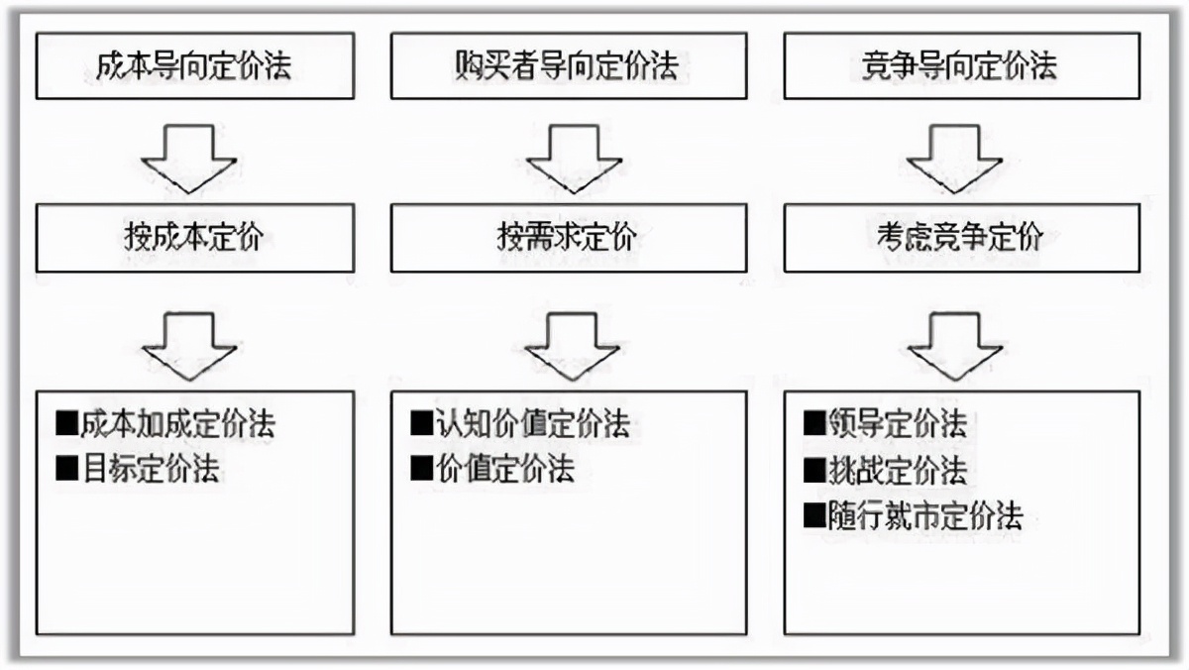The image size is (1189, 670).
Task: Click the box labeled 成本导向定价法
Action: coord(194,66)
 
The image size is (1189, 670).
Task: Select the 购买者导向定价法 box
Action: coord(568,66)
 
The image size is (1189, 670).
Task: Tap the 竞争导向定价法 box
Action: coord(961,66)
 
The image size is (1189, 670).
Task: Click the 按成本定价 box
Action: coord(194,238)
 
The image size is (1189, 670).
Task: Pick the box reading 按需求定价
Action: coord(568,238)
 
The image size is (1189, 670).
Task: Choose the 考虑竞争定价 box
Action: coord(961,238)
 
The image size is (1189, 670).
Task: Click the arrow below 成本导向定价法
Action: coord(189,158)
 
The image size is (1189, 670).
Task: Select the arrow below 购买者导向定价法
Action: coord(573,158)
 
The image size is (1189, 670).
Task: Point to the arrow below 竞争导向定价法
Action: coord(955,158)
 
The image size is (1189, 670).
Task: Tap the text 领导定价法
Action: coord(898,424)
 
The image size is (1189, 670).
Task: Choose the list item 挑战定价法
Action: coord(898,470)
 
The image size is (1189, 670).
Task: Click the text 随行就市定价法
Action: coord(925,515)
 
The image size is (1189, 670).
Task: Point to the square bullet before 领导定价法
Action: coord(814,424)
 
